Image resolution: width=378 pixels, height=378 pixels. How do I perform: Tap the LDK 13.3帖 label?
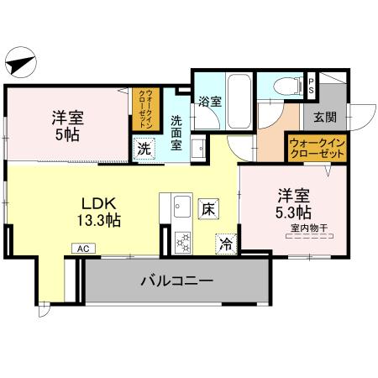click(x=99, y=211)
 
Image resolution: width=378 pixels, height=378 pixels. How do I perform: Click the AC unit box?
click(x=82, y=249)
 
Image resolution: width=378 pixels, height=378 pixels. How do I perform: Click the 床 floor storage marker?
click(x=207, y=207)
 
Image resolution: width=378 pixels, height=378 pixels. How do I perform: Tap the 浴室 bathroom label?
click(x=209, y=102)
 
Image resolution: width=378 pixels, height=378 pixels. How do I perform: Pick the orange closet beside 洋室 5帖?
click(x=144, y=108)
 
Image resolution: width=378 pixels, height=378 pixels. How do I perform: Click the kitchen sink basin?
click(x=181, y=207)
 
